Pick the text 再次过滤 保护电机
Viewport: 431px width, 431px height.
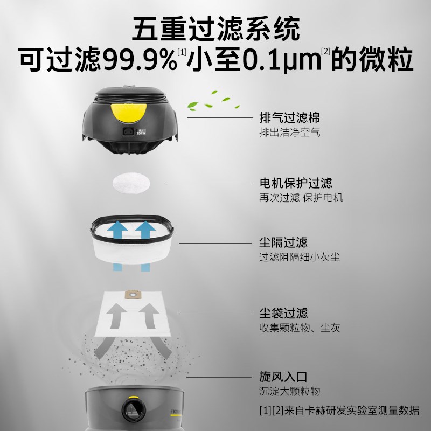[301, 198]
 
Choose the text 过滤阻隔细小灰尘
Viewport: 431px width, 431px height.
[299, 256]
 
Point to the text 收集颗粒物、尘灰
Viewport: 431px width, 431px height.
[299, 328]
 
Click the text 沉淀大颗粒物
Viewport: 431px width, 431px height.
[289, 391]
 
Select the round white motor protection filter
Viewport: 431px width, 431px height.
[131, 183]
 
